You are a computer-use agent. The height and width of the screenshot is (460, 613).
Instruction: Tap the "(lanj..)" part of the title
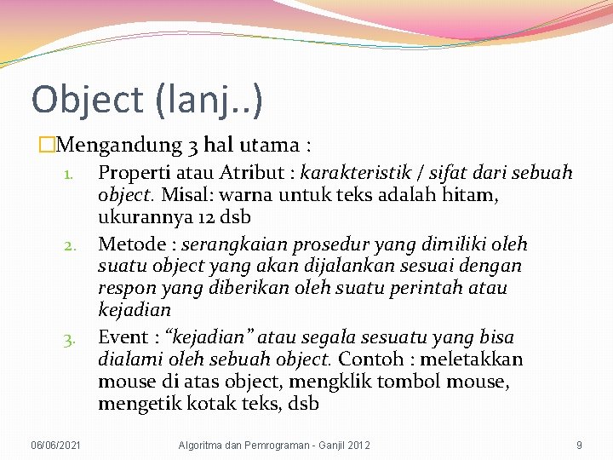point(209,99)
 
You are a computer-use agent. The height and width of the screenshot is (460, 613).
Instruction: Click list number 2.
point(71,245)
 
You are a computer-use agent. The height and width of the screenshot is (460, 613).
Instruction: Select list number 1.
point(72,173)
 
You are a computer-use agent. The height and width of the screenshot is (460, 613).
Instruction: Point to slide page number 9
point(579,445)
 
